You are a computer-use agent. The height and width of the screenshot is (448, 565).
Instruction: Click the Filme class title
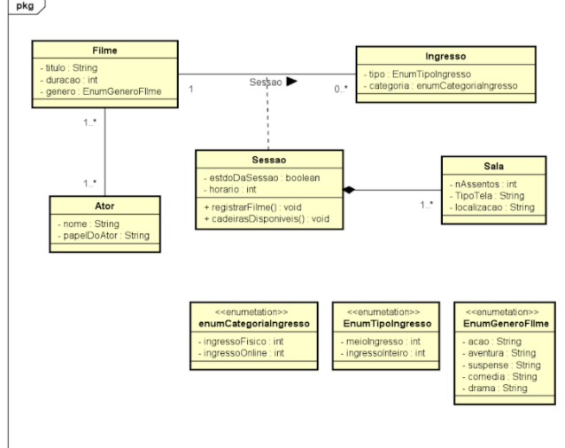[104, 51]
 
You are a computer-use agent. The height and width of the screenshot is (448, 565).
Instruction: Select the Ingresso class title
[445, 56]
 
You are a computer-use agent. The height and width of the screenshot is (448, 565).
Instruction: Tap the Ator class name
[104, 206]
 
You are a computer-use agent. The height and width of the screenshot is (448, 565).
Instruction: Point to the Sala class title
[493, 166]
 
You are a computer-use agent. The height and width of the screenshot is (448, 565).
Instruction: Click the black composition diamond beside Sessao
[349, 190]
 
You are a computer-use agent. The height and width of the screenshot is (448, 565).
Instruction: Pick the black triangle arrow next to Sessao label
[292, 82]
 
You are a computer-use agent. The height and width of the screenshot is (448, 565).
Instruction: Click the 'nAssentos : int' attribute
[483, 185]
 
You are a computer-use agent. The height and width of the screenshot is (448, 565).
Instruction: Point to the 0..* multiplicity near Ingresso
[341, 89]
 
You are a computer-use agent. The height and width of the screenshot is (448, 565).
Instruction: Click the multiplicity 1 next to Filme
[191, 89]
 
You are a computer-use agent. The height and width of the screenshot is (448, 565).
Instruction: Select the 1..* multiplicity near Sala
[427, 205]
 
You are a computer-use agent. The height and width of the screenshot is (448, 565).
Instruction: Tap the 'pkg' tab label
[25, 6]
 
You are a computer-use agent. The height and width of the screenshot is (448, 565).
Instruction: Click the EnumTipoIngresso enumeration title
[387, 324]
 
